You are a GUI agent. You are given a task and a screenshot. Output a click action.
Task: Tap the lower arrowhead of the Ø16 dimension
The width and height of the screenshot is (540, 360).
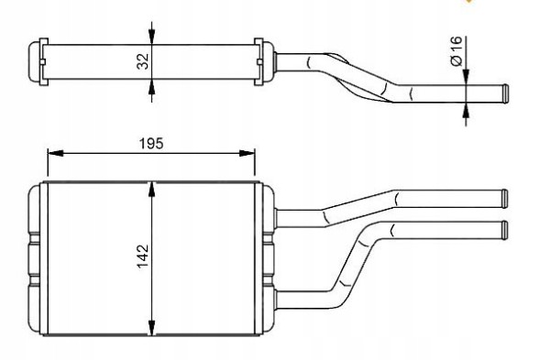pyautogui.click(x=467, y=110)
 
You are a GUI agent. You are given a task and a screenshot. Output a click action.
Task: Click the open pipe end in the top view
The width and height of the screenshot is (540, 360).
pyautogui.click(x=502, y=94)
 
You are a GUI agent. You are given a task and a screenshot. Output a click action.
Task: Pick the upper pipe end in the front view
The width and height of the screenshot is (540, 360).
pyautogui.click(x=503, y=196)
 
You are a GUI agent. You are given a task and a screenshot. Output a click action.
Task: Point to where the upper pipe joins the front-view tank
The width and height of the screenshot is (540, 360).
pyautogui.click(x=276, y=217)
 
